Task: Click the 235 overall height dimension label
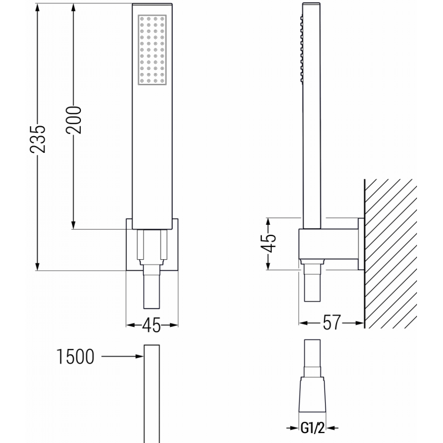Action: click(x=38, y=137)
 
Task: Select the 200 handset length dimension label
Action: click(x=74, y=119)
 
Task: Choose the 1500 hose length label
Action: click(x=75, y=358)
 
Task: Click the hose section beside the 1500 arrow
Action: click(x=152, y=388)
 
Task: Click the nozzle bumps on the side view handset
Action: click(x=302, y=50)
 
